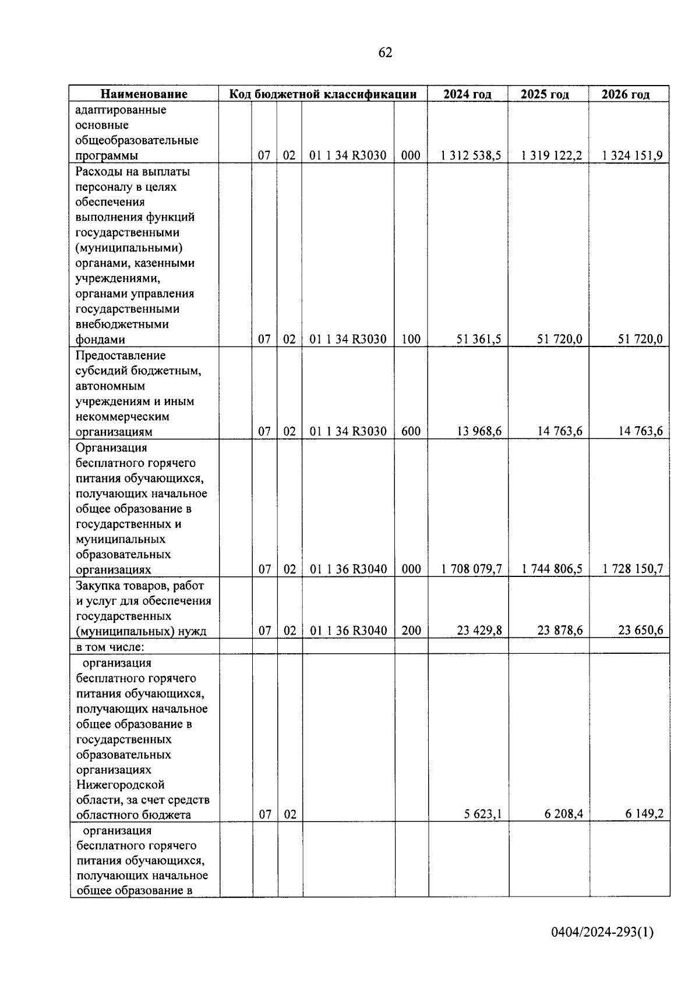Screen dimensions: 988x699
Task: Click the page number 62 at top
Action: click(x=385, y=53)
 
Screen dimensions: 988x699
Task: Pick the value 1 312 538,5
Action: click(x=471, y=155)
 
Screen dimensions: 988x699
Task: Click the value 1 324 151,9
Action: click(x=633, y=155)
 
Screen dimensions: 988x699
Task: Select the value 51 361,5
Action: click(x=479, y=339)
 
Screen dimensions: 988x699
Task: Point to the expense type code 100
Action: click(x=411, y=339)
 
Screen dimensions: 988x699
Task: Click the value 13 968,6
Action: click(x=479, y=431)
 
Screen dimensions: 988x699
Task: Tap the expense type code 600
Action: click(x=411, y=431)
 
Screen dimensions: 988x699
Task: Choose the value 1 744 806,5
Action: click(x=552, y=569)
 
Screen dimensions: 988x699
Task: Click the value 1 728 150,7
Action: click(x=633, y=569)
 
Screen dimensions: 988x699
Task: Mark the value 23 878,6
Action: click(x=560, y=631)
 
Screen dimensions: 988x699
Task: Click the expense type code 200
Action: click(x=411, y=631)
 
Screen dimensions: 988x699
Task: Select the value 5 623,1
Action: click(x=483, y=815)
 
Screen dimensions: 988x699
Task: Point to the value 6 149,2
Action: click(x=644, y=815)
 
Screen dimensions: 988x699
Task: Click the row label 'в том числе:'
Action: click(x=110, y=646)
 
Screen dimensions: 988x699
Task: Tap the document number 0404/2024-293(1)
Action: click(x=603, y=932)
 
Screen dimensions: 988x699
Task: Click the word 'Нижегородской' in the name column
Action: click(x=121, y=784)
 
